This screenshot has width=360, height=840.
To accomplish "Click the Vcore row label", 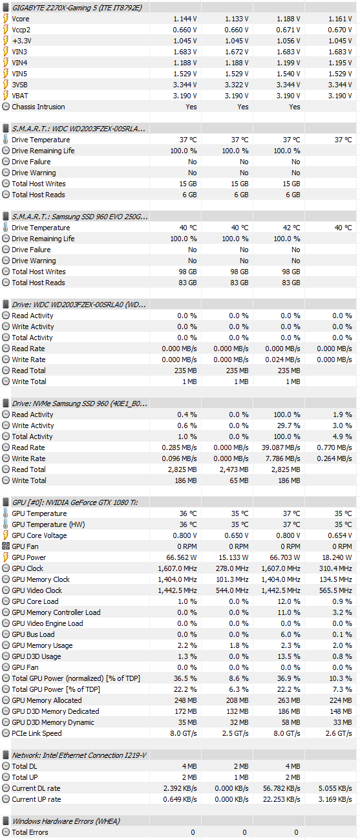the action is click(21, 19).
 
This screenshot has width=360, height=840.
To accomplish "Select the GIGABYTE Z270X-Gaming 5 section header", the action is click(77, 8).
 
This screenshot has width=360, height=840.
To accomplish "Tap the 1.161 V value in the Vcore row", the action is click(340, 19).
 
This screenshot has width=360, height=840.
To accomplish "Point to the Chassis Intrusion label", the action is click(38, 107).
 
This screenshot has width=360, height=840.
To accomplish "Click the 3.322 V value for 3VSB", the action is click(237, 85).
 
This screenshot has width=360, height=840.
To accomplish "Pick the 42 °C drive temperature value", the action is click(291, 228).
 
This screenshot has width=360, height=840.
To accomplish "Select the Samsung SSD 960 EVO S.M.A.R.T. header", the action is click(80, 217).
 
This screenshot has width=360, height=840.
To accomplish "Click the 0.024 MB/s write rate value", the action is click(282, 360).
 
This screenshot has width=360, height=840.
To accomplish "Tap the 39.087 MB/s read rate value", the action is click(281, 447).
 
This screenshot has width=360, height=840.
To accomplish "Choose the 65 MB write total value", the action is click(239, 480).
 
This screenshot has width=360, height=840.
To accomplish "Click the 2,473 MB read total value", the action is click(234, 469).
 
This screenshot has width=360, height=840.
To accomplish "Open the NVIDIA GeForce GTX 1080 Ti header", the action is click(75, 502).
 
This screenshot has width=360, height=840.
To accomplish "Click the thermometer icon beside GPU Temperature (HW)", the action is click(6, 524).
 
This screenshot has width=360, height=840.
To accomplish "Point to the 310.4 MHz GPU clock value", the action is click(335, 568).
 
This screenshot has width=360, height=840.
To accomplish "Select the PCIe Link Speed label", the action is click(37, 733).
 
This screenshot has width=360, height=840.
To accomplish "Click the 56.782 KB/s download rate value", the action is click(282, 789).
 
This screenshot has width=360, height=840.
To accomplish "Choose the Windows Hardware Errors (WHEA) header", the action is click(66, 821).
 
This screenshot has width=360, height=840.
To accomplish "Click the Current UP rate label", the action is click(36, 799).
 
